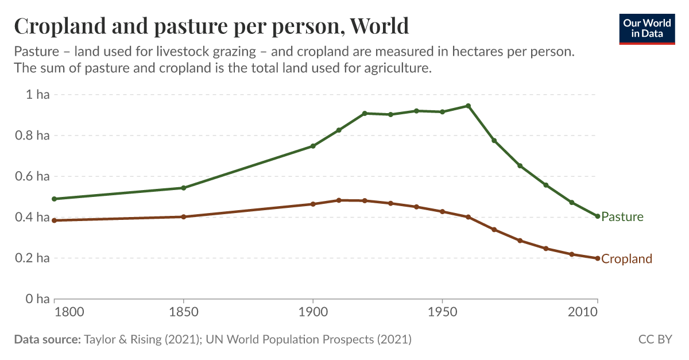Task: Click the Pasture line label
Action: click(622, 217)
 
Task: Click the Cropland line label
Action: click(626, 259)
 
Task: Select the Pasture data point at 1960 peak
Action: click(469, 106)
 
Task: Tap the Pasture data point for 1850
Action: click(184, 188)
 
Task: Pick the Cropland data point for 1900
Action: click(313, 204)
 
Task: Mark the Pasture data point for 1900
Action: click(313, 146)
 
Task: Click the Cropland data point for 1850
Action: click(184, 216)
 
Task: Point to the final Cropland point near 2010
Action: click(598, 258)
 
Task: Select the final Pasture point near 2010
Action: click(598, 216)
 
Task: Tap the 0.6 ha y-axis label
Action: click(34, 176)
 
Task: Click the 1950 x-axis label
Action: click(442, 313)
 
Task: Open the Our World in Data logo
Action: click(647, 28)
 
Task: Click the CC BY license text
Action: click(655, 339)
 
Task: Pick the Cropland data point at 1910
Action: click(339, 200)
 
